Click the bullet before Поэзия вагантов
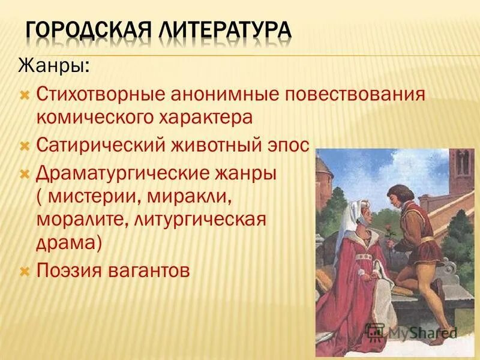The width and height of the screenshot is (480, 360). coord(25,271)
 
